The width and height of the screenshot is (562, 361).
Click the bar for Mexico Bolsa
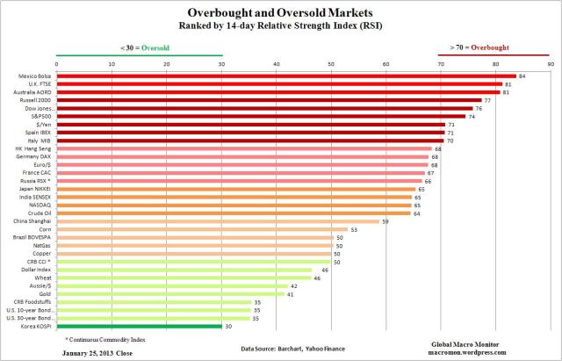285,76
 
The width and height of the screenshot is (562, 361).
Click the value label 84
522,76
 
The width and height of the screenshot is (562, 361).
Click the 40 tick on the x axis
277,63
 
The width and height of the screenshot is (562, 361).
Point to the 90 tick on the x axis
550,63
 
